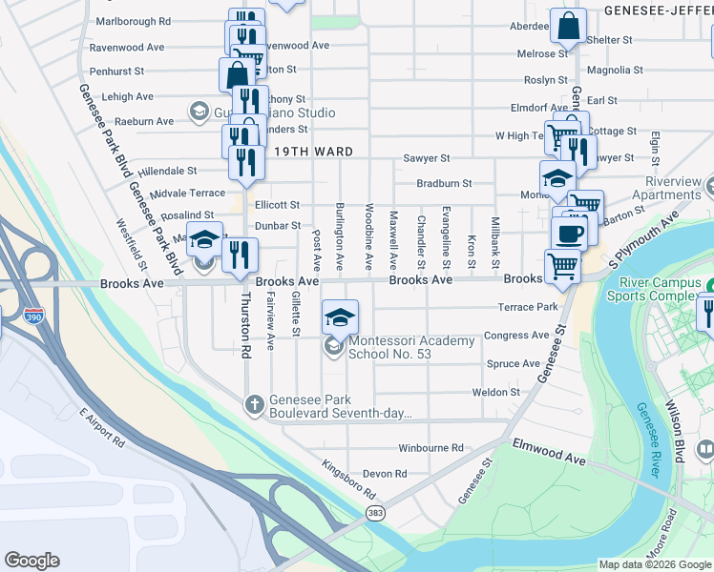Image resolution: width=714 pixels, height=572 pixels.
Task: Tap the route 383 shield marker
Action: tap(375, 514)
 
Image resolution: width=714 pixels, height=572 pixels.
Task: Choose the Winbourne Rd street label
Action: tap(430, 447)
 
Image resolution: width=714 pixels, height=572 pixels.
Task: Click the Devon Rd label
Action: tap(385, 473)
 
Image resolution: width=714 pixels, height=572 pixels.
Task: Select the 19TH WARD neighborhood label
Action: tap(314, 152)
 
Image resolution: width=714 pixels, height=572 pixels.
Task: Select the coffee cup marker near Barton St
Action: tap(572, 234)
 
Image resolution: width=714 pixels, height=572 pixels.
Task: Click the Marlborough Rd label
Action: tap(134, 20)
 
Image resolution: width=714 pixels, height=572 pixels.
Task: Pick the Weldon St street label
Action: tap(495, 392)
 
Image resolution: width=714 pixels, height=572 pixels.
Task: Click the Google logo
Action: tap(32, 561)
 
